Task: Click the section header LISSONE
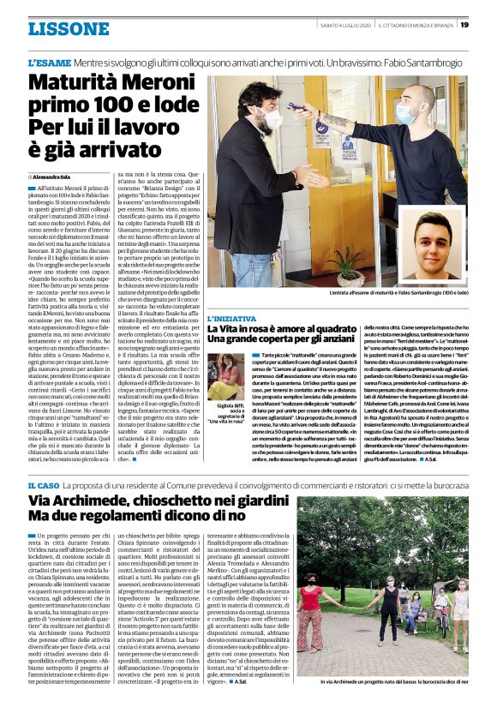coord(63,29)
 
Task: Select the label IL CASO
coord(43,485)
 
